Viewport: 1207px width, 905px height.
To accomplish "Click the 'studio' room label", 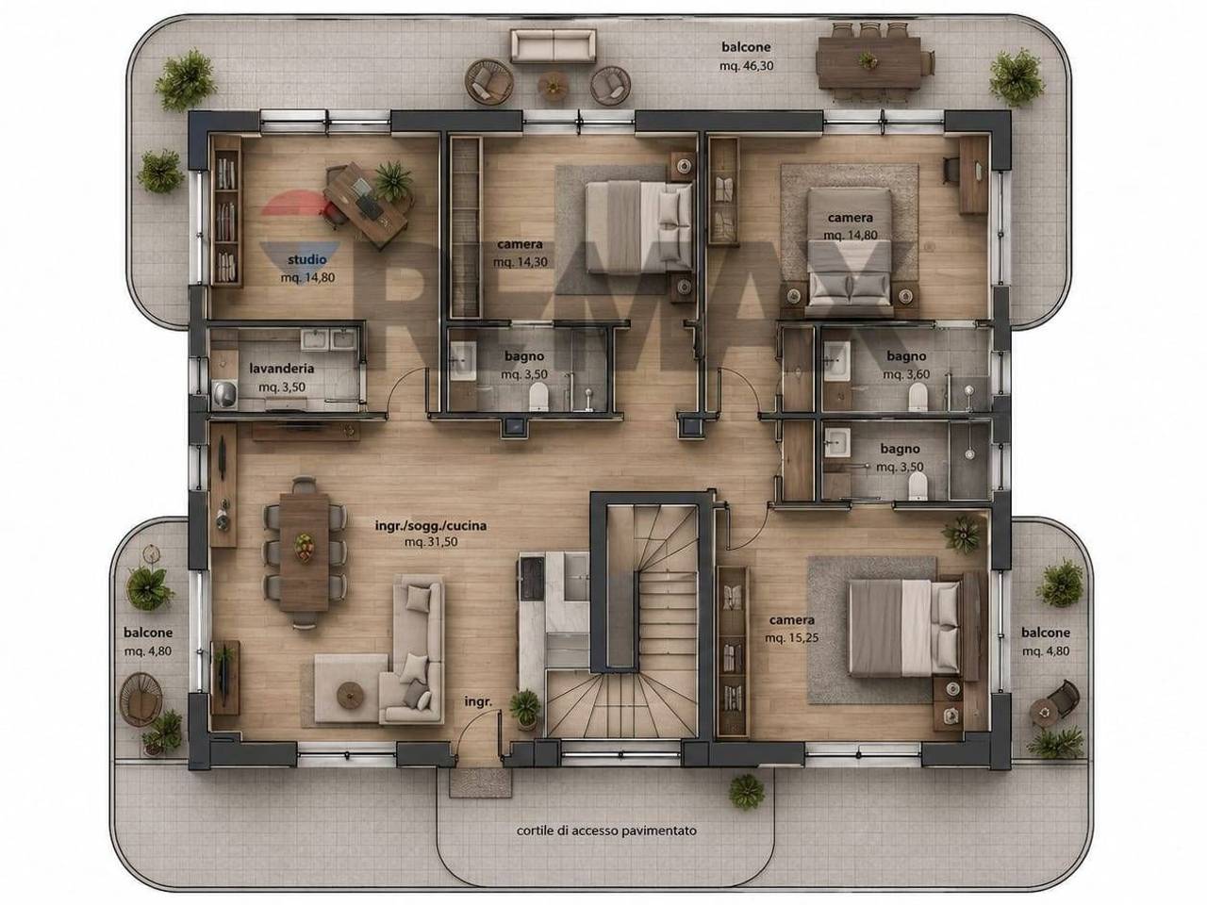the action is tap(306, 259).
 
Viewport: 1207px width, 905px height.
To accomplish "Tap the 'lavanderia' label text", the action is tap(282, 369).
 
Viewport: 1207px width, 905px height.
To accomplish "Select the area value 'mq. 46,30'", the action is tap(746, 66).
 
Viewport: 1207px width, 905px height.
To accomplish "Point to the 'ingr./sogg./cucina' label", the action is tap(431, 526).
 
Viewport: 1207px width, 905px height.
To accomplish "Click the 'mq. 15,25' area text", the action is tap(791, 638).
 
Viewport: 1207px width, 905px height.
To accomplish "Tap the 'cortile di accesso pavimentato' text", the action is tap(606, 831).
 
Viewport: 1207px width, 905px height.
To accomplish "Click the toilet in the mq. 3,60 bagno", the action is tap(918, 397).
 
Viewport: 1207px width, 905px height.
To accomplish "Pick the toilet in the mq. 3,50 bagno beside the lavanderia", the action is tap(538, 396).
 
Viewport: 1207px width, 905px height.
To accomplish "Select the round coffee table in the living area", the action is tap(350, 695).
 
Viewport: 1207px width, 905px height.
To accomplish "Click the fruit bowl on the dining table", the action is tap(303, 548).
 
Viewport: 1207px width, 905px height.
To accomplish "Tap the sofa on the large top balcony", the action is tap(554, 46).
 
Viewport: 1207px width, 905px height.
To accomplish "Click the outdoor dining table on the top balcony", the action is tap(868, 62).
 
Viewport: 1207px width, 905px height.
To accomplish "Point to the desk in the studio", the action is tap(365, 206).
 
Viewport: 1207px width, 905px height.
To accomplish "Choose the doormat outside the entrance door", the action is tap(480, 783).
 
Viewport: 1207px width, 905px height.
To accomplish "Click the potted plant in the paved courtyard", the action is tap(746, 792).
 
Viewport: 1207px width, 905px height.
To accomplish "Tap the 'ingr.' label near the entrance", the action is tap(478, 701).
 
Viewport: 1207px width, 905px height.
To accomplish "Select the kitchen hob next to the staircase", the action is tap(531, 576).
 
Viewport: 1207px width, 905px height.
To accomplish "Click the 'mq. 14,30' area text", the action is tap(521, 262).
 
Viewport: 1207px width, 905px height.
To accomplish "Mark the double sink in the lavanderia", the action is tap(329, 340).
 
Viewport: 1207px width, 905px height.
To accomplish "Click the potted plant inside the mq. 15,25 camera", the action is tap(962, 534).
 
